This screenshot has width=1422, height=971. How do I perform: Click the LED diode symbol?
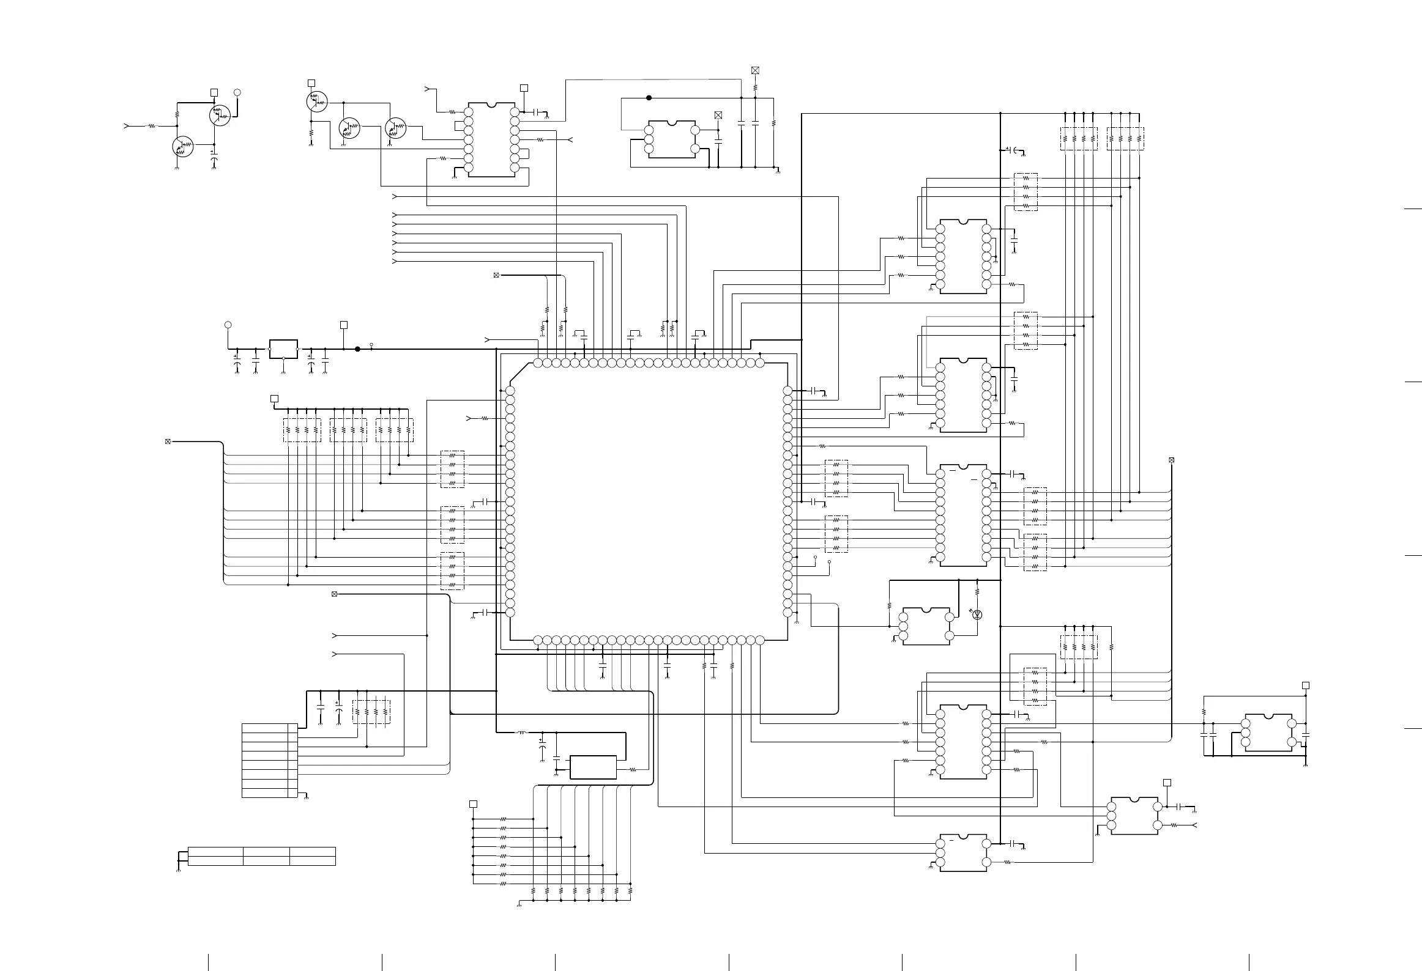[977, 615]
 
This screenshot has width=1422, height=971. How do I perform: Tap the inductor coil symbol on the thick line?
[522, 733]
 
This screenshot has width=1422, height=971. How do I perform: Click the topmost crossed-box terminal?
[755, 70]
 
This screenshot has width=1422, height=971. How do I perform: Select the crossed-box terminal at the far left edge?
[168, 441]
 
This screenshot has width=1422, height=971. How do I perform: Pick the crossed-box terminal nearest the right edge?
[1171, 460]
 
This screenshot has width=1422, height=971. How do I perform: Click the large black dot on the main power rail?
[358, 349]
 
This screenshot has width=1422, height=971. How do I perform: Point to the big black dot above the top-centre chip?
[649, 97]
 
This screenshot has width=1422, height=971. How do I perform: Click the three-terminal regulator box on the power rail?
[283, 349]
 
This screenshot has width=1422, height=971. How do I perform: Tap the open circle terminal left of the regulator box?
[228, 325]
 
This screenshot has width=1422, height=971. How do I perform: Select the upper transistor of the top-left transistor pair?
[220, 115]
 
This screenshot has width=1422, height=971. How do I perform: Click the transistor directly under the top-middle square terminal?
[317, 102]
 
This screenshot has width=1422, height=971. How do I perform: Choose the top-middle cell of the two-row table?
[266, 852]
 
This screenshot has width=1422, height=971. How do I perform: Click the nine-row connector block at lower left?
[269, 761]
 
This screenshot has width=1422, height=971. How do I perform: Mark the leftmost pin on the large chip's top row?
[538, 363]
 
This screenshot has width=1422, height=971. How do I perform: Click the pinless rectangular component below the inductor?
[593, 767]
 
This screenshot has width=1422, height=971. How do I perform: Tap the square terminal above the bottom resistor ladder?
[473, 804]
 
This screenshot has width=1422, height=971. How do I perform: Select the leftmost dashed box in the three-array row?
[302, 430]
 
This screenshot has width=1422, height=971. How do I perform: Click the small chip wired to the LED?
[926, 626]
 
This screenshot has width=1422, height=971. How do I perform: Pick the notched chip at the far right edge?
[1268, 733]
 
